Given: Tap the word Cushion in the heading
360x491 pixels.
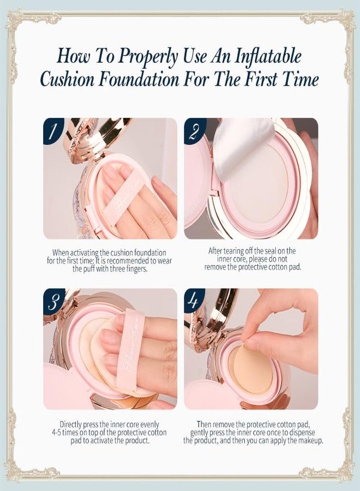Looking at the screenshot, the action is tap(67, 79).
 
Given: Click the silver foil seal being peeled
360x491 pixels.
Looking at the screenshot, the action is tap(242, 147).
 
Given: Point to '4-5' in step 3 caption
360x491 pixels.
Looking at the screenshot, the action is tap(58, 433).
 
